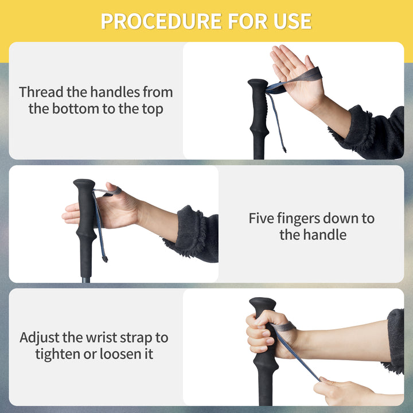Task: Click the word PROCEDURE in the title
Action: pos(161,21)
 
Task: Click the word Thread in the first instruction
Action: pos(41,92)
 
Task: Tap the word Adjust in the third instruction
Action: pos(39,338)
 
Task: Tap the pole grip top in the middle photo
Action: pos(84,183)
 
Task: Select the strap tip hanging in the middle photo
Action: pos(105,259)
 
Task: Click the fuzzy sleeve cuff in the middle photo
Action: pos(190,231)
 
